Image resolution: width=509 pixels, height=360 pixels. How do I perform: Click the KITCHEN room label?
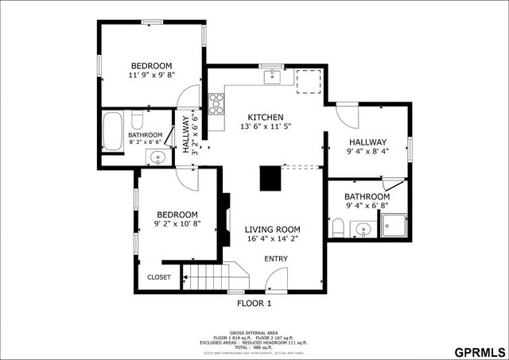(265, 117)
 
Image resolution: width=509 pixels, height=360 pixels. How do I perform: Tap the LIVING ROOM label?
(272, 230)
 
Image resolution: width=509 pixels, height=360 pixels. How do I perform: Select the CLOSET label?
(159, 277)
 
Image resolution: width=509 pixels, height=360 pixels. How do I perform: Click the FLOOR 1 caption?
(254, 303)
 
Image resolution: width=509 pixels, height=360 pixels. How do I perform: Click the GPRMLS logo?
(479, 351)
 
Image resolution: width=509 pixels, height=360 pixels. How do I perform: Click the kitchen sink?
(273, 76)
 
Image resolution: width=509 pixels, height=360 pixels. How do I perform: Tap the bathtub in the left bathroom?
(112, 131)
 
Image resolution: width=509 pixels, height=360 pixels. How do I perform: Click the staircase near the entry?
(208, 277)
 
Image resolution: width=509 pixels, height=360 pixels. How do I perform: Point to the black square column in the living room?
(270, 179)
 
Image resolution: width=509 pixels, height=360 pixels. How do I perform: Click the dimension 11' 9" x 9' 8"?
(152, 75)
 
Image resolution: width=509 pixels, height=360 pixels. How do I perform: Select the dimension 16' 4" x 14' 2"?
(272, 239)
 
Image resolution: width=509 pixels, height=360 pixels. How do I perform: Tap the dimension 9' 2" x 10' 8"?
(177, 224)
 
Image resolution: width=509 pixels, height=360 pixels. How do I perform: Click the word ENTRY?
(276, 258)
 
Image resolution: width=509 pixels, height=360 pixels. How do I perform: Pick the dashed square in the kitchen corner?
(307, 81)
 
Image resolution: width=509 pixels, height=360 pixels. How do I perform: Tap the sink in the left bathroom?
(157, 157)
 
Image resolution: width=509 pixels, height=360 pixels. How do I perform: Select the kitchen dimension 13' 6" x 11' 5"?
(266, 126)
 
